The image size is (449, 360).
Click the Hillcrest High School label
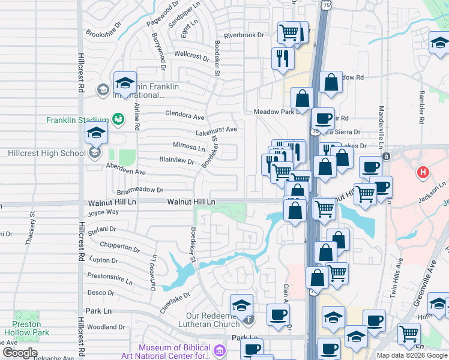tap(47, 153)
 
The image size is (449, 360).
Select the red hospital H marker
tap(423, 173)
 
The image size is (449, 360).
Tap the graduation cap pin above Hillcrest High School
tap(95, 135)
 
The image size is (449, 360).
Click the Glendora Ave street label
tap(185, 114)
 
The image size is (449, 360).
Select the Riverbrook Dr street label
tap(244, 35)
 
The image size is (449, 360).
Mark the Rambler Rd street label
tap(422, 111)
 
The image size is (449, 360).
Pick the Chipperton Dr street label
tap(119, 247)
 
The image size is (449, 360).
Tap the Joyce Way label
tap(104, 212)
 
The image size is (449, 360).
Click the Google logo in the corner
tap(20, 353)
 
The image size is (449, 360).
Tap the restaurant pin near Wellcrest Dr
tap(282, 58)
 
